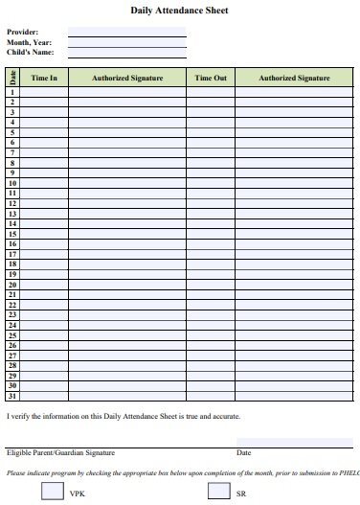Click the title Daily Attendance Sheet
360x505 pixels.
(x=180, y=11)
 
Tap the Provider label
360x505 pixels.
(x=23, y=33)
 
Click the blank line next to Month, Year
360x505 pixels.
(x=126, y=42)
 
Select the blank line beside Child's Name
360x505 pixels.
(x=126, y=53)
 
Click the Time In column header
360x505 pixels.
(x=44, y=78)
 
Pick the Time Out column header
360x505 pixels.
(x=210, y=78)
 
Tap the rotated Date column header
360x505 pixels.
(x=12, y=78)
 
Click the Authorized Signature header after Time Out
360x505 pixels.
(x=294, y=78)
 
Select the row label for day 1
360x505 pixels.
(x=12, y=92)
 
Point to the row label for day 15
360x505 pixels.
(x=12, y=234)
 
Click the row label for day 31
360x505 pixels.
(x=12, y=396)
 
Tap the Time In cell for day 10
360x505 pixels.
(x=44, y=183)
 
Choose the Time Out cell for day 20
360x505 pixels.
(x=210, y=285)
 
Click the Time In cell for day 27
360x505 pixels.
(x=44, y=356)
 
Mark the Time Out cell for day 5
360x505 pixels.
(x=210, y=132)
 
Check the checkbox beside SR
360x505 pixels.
(x=219, y=491)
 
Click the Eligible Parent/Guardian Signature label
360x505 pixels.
(x=60, y=452)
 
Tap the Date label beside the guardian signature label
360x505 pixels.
(x=243, y=452)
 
